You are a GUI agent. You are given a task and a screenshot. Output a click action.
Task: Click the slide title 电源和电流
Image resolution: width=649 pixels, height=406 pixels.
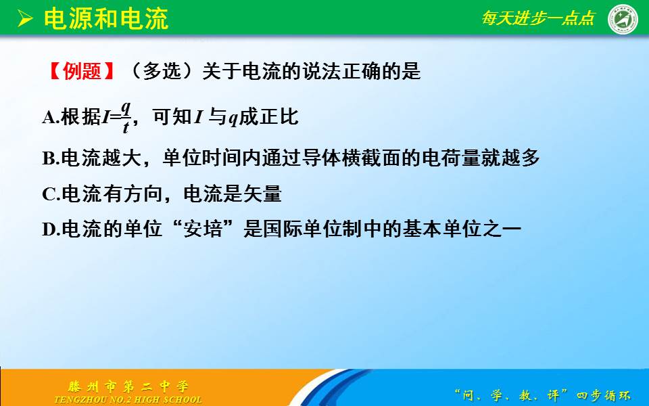pyautogui.click(x=106, y=19)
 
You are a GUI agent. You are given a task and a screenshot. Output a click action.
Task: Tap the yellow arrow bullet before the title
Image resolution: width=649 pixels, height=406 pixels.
pyautogui.click(x=25, y=19)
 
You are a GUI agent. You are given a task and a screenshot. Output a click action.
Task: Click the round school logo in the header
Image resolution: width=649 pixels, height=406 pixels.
pyautogui.click(x=622, y=18)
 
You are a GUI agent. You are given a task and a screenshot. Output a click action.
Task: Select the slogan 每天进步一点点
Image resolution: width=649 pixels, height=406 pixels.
pyautogui.click(x=537, y=18)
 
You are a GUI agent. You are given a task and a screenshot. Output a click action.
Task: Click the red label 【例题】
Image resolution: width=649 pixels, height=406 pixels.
pyautogui.click(x=82, y=71)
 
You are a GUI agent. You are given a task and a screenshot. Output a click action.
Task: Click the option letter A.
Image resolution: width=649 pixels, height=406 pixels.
pyautogui.click(x=49, y=118)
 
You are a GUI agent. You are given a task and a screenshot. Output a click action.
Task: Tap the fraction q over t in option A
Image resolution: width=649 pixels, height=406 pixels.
pyautogui.click(x=126, y=117)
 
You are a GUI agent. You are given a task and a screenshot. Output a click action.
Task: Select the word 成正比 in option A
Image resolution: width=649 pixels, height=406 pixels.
pyautogui.click(x=268, y=116)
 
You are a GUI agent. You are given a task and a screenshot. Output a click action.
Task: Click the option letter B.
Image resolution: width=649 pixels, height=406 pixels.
pyautogui.click(x=48, y=158)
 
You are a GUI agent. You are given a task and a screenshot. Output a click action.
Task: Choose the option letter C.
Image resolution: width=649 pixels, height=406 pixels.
pyautogui.click(x=49, y=194)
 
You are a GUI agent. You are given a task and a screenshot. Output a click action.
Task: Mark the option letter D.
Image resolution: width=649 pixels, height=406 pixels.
pyautogui.click(x=49, y=229)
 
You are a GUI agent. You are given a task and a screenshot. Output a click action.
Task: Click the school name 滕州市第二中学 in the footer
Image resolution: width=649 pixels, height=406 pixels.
pyautogui.click(x=128, y=386)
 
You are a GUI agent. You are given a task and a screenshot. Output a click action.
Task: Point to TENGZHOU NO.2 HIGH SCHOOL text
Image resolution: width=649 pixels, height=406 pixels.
pyautogui.click(x=128, y=400)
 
